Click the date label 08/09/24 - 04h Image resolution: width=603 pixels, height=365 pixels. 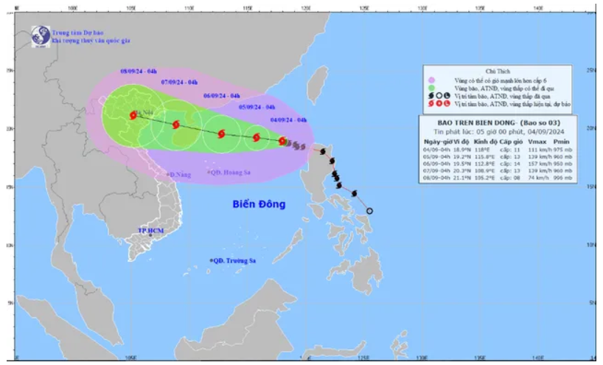(139, 70)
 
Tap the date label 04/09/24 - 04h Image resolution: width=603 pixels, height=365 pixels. (289, 119)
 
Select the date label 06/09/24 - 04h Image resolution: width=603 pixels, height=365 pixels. (222, 96)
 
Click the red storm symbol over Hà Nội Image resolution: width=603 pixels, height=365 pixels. (133, 115)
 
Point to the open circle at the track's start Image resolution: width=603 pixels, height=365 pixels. (370, 211)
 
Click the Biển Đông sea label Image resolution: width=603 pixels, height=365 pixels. (259, 204)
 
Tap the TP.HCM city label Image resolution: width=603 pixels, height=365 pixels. (150, 231)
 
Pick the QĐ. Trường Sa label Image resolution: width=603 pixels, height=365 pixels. (235, 260)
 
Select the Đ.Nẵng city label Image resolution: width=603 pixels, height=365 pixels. (179, 175)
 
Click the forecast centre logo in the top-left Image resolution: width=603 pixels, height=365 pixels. (38, 35)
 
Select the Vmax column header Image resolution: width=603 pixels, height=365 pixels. (537, 141)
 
